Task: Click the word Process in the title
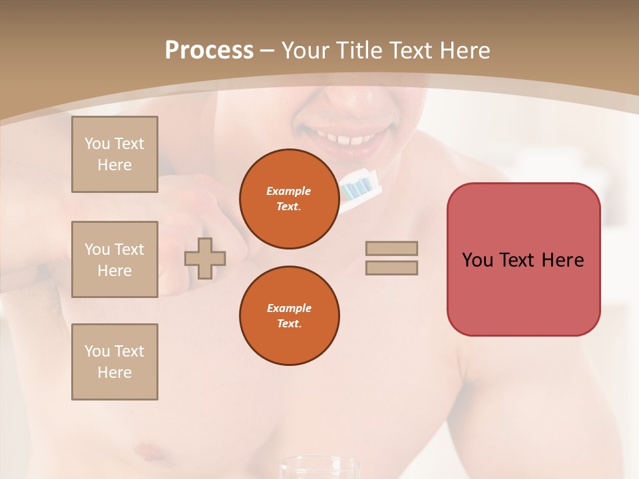[x=209, y=51]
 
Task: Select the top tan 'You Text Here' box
[x=114, y=154]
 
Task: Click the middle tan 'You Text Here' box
[x=114, y=259]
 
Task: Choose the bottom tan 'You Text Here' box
[x=114, y=362]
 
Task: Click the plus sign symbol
[x=205, y=257]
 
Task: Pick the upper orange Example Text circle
[x=289, y=198]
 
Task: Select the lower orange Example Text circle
[x=289, y=315]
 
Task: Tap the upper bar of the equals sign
[x=391, y=248]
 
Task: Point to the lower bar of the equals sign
[x=391, y=267]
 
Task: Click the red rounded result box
[x=523, y=259]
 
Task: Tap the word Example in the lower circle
[x=289, y=308]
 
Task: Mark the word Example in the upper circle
[x=289, y=191]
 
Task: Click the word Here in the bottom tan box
[x=114, y=373]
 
